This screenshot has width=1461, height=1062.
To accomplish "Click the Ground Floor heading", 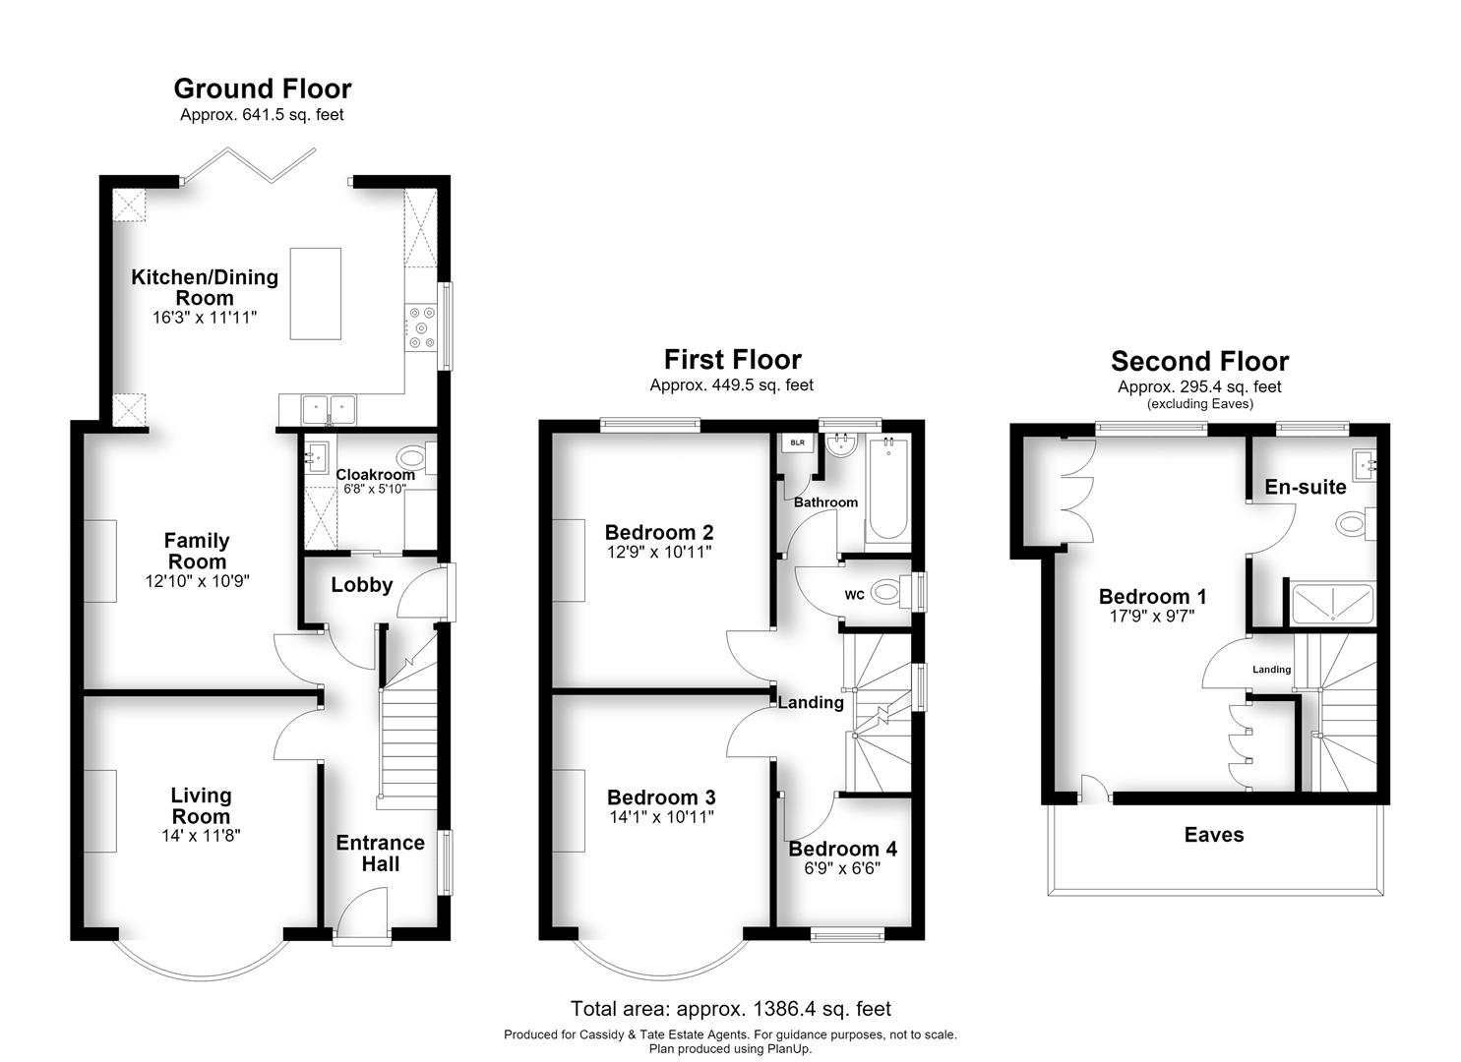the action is click(x=263, y=88).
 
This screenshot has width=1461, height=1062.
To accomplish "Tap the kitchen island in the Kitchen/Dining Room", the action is click(x=316, y=293).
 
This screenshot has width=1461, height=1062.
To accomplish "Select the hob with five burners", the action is click(x=421, y=327).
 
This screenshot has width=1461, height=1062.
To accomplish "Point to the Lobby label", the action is click(x=361, y=585).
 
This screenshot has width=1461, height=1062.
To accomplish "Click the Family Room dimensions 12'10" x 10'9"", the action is click(x=197, y=581).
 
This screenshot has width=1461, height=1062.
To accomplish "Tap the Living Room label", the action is click(x=201, y=805).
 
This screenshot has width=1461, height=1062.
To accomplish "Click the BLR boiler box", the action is click(x=798, y=442).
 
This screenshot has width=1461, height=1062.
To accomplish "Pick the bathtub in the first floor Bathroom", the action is click(x=887, y=489).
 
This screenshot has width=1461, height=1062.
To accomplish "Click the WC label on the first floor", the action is click(x=854, y=595).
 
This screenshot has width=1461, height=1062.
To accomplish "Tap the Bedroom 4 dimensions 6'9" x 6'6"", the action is click(x=842, y=868).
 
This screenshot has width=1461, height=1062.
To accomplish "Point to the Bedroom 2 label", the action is click(x=659, y=533).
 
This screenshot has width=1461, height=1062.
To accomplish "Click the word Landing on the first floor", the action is click(x=811, y=702).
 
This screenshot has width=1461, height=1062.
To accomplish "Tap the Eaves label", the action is click(x=1214, y=835).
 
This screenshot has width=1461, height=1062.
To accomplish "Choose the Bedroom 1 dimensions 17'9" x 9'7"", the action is click(x=1152, y=616).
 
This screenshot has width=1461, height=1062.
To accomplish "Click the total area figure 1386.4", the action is click(x=785, y=1009).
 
